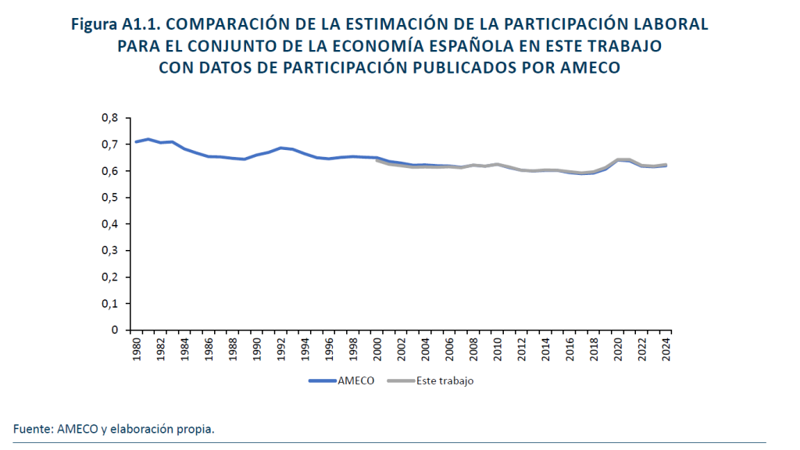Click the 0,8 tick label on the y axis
pyautogui.click(x=109, y=118)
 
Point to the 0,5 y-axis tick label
pyautogui.click(x=109, y=198)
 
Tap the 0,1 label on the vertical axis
pyautogui.click(x=109, y=303)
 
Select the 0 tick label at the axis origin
pyautogui.click(x=114, y=330)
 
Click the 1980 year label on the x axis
pyautogui.click(x=136, y=348)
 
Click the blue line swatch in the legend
pyautogui.click(x=323, y=381)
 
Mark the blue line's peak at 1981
pyautogui.click(x=148, y=139)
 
